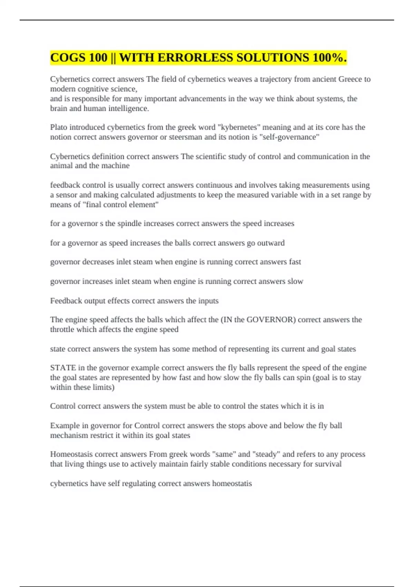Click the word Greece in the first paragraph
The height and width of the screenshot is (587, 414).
(350, 79)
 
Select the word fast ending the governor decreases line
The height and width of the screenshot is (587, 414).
(295, 262)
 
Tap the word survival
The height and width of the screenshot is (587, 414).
(327, 464)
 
